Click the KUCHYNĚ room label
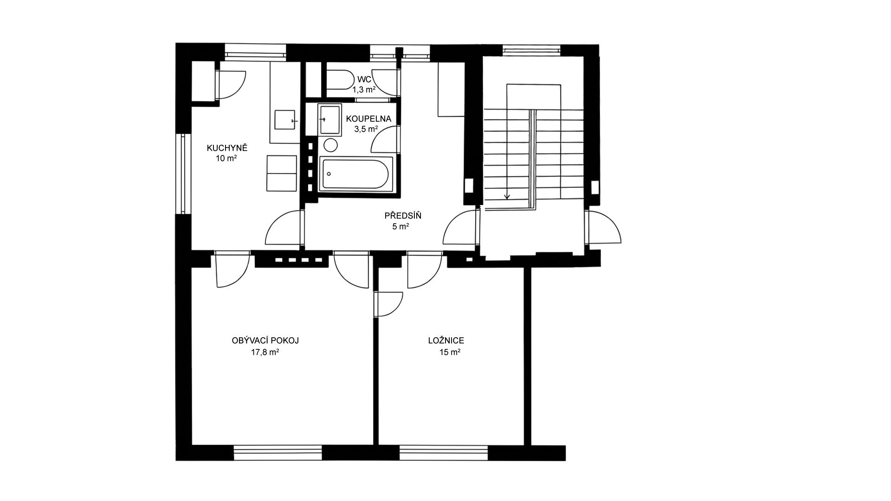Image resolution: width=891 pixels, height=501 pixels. click(x=227, y=148)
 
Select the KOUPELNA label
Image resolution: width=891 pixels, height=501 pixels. click(x=368, y=119)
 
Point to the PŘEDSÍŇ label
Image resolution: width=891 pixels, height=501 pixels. click(x=403, y=216)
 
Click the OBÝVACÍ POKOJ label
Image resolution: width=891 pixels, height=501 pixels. click(x=265, y=340)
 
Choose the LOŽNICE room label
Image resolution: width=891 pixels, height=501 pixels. click(x=446, y=341)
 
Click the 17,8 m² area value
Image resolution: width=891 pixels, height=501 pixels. click(x=265, y=353)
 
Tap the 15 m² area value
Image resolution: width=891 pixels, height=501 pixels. click(x=450, y=353)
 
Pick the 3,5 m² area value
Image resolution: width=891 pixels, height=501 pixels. click(x=366, y=129)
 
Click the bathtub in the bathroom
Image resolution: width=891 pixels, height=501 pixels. click(x=356, y=173)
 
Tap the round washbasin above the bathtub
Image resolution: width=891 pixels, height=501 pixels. click(x=330, y=145)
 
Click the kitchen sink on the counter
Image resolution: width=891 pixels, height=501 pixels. click(x=285, y=120)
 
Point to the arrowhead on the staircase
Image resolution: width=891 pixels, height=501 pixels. click(x=507, y=196)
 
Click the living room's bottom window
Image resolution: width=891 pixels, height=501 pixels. click(x=278, y=452)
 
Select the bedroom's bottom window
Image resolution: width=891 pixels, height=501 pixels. click(x=444, y=452)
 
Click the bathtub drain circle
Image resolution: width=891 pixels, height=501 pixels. click(x=329, y=174)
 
